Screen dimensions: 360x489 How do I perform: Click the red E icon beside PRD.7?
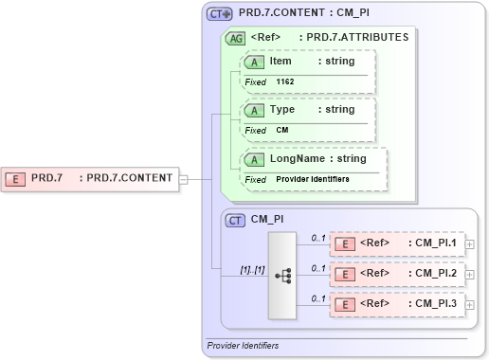(16, 177)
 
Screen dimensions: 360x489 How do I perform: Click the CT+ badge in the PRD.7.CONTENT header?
(220, 14)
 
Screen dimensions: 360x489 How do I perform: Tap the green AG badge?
(234, 38)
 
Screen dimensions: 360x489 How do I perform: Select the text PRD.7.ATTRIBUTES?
(353, 38)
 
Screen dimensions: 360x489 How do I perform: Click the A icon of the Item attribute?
(254, 62)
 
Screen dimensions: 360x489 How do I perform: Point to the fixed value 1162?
(285, 82)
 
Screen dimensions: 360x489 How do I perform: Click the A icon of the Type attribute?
(254, 110)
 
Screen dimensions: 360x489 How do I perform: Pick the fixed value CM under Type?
(282, 130)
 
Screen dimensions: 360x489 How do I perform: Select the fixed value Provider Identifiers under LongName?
(313, 179)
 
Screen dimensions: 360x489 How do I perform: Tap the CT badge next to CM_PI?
(236, 220)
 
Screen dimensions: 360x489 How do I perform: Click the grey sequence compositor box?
(283, 275)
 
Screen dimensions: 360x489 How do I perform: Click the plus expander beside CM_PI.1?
(470, 244)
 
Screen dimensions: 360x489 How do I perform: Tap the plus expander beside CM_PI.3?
(470, 305)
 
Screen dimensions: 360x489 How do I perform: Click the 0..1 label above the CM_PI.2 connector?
(319, 267)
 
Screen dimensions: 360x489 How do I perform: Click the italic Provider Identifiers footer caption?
(243, 346)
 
